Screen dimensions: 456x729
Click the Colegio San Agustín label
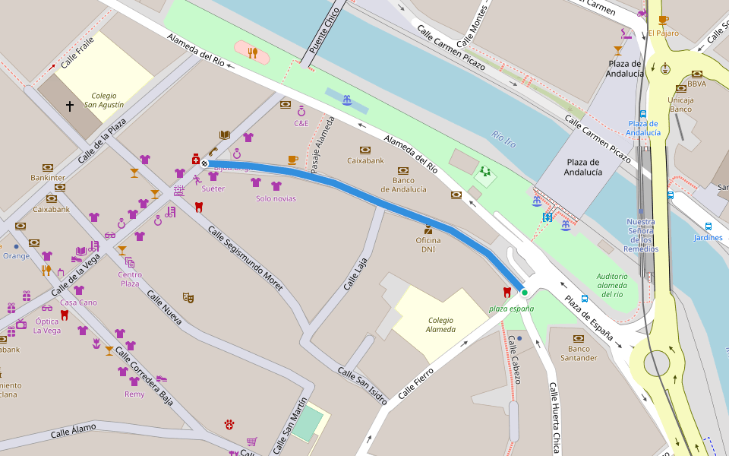coord(104,100)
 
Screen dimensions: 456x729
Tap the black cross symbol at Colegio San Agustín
coord(70,107)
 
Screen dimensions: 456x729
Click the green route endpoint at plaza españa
coord(524,293)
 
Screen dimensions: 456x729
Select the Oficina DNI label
coord(428,245)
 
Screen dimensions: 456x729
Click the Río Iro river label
coord(503,138)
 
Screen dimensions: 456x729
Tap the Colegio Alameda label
coord(440,325)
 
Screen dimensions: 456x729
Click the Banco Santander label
coord(579,353)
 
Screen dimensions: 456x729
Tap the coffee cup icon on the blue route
coord(292,160)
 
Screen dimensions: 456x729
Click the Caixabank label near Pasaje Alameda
coord(365,160)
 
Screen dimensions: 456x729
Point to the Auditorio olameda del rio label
coord(612,285)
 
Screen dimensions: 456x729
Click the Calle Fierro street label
coord(415,382)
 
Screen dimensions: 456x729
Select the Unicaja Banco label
coord(680,104)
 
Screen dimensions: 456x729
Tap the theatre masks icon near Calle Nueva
coord(188,297)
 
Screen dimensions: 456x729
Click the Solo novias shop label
coord(276,198)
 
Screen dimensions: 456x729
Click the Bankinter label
coord(48,177)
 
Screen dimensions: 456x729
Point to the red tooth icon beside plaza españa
coord(507,292)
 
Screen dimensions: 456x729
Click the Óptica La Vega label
coord(47,325)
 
